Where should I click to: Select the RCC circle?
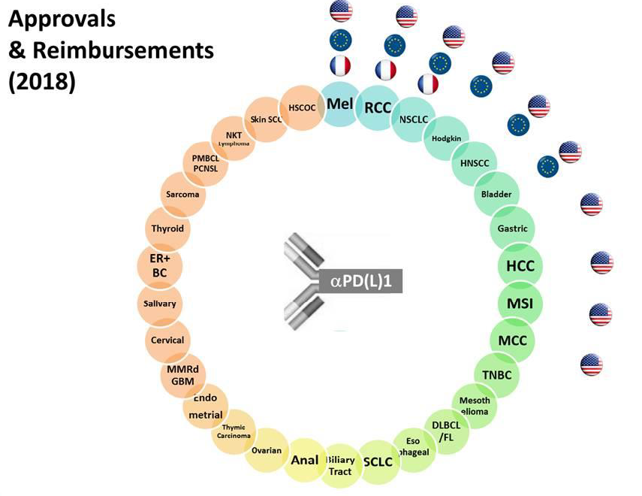(x=377, y=108)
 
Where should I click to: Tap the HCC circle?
(x=520, y=265)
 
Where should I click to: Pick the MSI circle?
(x=520, y=304)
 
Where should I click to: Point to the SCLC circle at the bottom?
(x=378, y=461)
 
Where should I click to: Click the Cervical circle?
(x=167, y=340)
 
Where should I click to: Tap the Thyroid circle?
(x=167, y=228)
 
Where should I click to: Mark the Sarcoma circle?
(x=182, y=195)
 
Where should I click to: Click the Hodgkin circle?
(x=446, y=138)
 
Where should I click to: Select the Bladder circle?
(x=496, y=195)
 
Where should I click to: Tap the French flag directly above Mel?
(x=339, y=67)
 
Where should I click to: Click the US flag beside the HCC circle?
(x=601, y=262)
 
